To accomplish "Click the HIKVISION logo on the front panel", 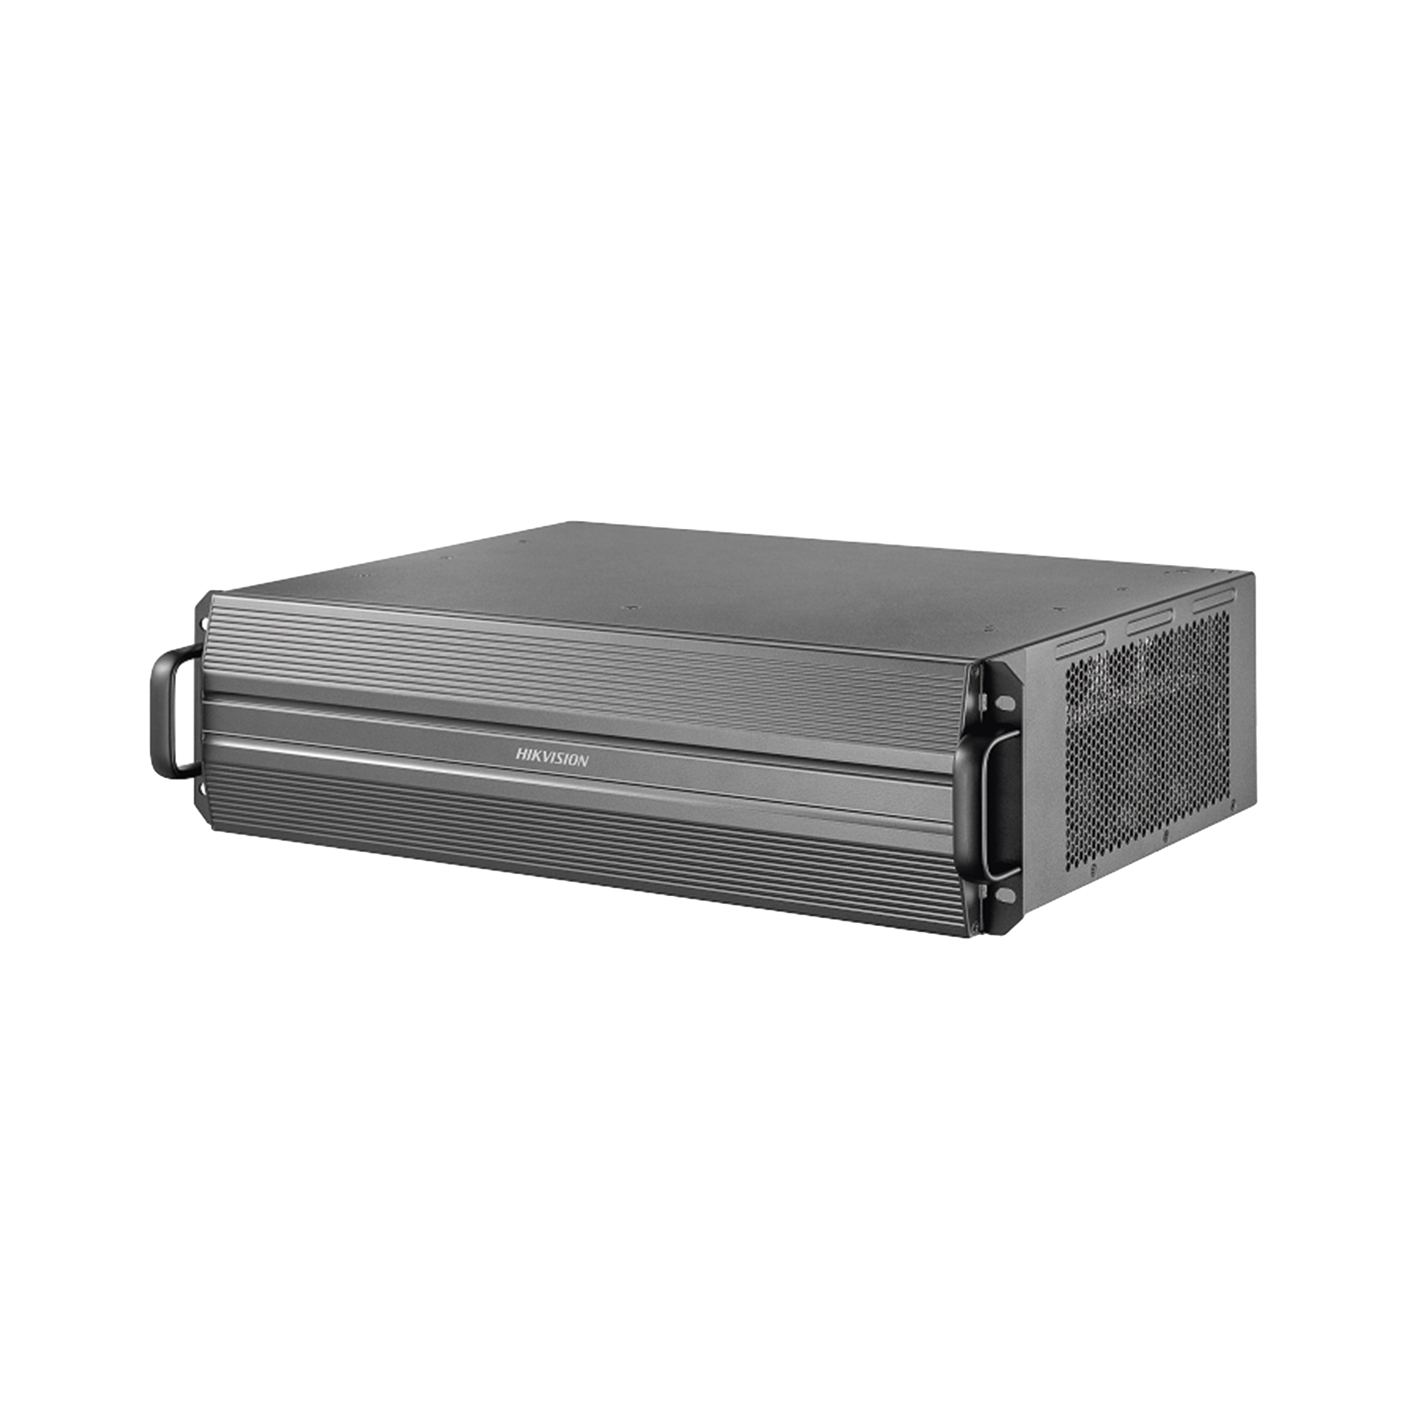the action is coord(551,757).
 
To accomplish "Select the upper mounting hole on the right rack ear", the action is coord(1005,704).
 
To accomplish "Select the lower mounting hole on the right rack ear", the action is coord(1005,895).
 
